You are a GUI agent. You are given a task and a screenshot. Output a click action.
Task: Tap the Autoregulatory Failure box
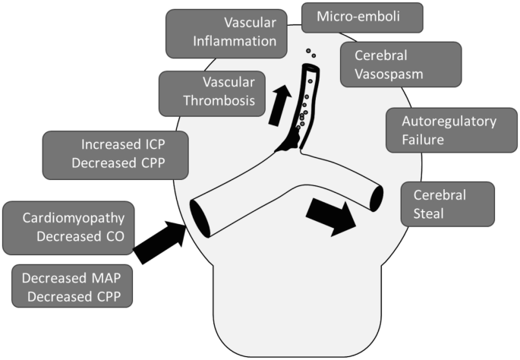pos(440,131)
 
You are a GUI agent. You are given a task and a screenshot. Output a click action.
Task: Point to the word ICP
pos(147,142)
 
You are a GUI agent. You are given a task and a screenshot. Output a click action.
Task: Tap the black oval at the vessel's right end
pos(376,196)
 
